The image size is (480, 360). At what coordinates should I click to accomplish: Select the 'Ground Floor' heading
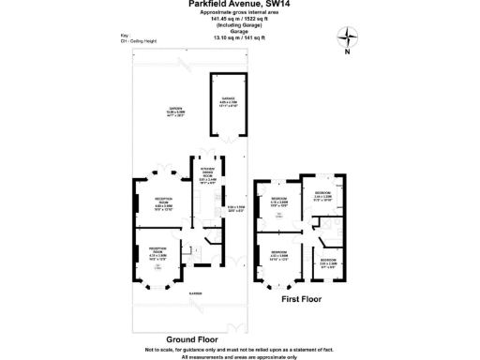(194, 337)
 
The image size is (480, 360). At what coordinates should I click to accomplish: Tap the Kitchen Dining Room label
(208, 171)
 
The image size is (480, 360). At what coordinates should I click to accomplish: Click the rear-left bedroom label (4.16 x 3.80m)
(279, 202)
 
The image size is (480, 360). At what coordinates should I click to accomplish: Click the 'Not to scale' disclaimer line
(240, 350)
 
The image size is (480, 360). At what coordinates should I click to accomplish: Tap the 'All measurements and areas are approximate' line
(240, 356)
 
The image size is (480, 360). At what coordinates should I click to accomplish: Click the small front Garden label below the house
(196, 293)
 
